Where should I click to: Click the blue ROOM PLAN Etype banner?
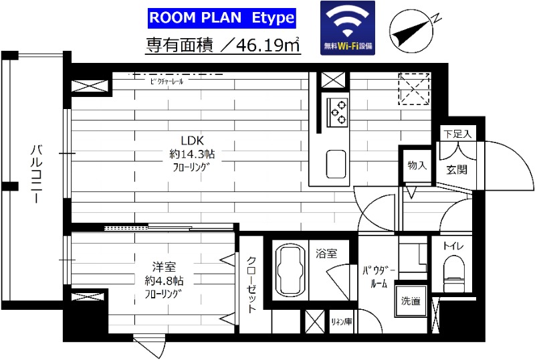pos(222,18)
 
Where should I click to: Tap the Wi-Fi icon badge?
pos(348,28)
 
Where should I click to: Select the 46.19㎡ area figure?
pos(268,46)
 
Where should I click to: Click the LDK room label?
pos(192,141)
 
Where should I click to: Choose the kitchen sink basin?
pos(336,164)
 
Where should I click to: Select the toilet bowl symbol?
pos(453,272)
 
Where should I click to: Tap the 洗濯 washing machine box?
pos(411,301)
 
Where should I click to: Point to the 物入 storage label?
pos(417,165)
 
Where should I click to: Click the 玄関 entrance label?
pos(457,169)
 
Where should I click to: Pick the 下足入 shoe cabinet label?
pos(457,134)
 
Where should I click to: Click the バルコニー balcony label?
pos(36,174)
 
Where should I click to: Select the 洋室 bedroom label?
pos(164,266)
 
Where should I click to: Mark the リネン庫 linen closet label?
pos(342,321)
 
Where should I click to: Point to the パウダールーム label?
pos(379,277)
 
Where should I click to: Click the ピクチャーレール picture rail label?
pos(167,81)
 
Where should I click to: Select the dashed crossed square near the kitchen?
pos(414,89)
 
